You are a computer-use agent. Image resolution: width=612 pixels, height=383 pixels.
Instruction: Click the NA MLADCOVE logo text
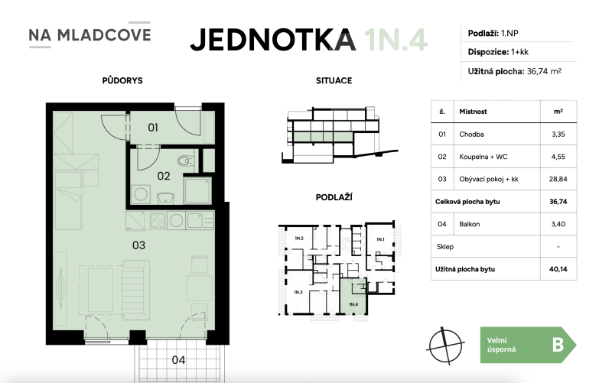[90, 34]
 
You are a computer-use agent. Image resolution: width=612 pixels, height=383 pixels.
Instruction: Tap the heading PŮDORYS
[122, 80]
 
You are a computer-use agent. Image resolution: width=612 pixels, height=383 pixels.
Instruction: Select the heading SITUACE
[334, 80]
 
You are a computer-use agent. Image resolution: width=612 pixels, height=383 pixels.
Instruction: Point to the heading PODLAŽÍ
[334, 197]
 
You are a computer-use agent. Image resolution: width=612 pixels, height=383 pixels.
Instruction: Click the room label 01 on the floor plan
[153, 127]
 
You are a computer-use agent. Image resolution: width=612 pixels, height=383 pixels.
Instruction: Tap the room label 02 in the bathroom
[163, 175]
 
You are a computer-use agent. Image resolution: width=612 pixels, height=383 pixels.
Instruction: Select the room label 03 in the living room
[138, 245]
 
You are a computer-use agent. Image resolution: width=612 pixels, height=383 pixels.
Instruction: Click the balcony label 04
[177, 359]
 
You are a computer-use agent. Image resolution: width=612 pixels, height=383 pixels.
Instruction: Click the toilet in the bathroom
[183, 161]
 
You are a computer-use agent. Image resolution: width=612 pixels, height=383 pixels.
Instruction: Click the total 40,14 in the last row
[558, 269]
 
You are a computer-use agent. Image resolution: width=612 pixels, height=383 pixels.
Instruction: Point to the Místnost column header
[472, 112]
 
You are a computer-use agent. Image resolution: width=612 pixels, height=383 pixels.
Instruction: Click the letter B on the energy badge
[558, 345]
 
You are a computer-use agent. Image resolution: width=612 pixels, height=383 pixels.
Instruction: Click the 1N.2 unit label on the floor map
[298, 239]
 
